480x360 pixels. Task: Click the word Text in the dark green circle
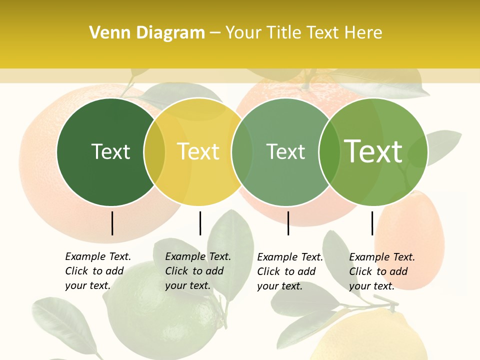point(110,151)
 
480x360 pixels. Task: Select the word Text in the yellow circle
point(198,151)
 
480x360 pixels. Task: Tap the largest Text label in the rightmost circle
point(373,151)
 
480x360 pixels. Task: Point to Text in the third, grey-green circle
point(285,151)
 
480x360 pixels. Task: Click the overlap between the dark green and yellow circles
point(154,152)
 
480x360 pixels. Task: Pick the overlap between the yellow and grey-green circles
point(242,152)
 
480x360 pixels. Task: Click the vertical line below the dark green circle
point(112,223)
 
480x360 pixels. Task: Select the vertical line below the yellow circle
point(200,223)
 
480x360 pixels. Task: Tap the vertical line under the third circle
point(288,223)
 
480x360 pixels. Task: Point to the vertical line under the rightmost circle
point(372,223)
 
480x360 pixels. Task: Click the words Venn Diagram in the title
point(147,33)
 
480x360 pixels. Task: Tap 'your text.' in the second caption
point(187,285)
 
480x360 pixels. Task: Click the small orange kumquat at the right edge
point(410,235)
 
